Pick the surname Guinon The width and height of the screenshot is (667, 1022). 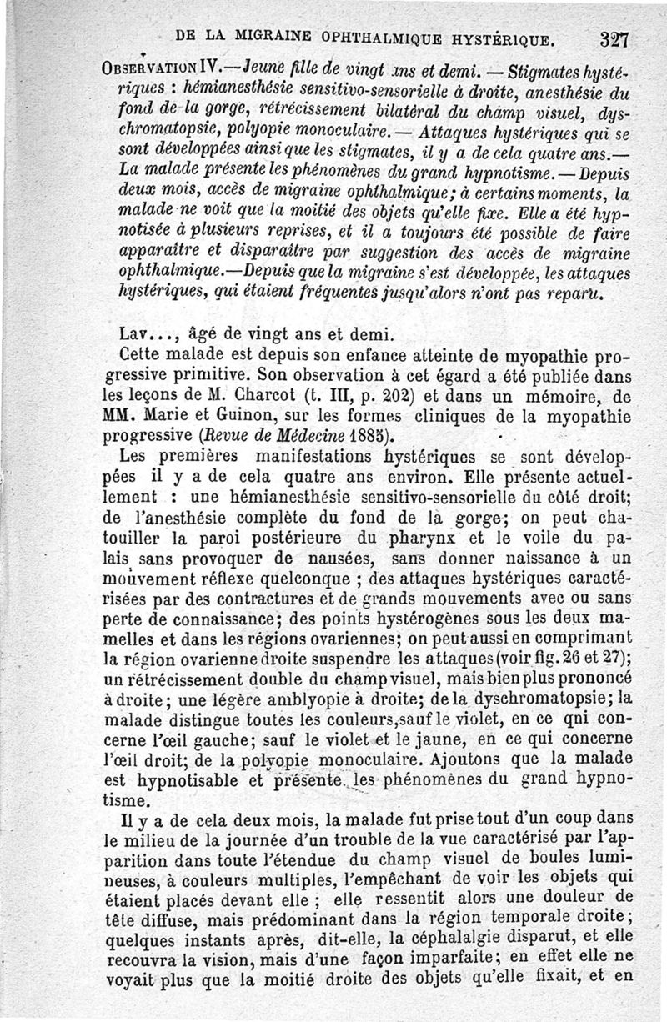click(226, 414)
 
